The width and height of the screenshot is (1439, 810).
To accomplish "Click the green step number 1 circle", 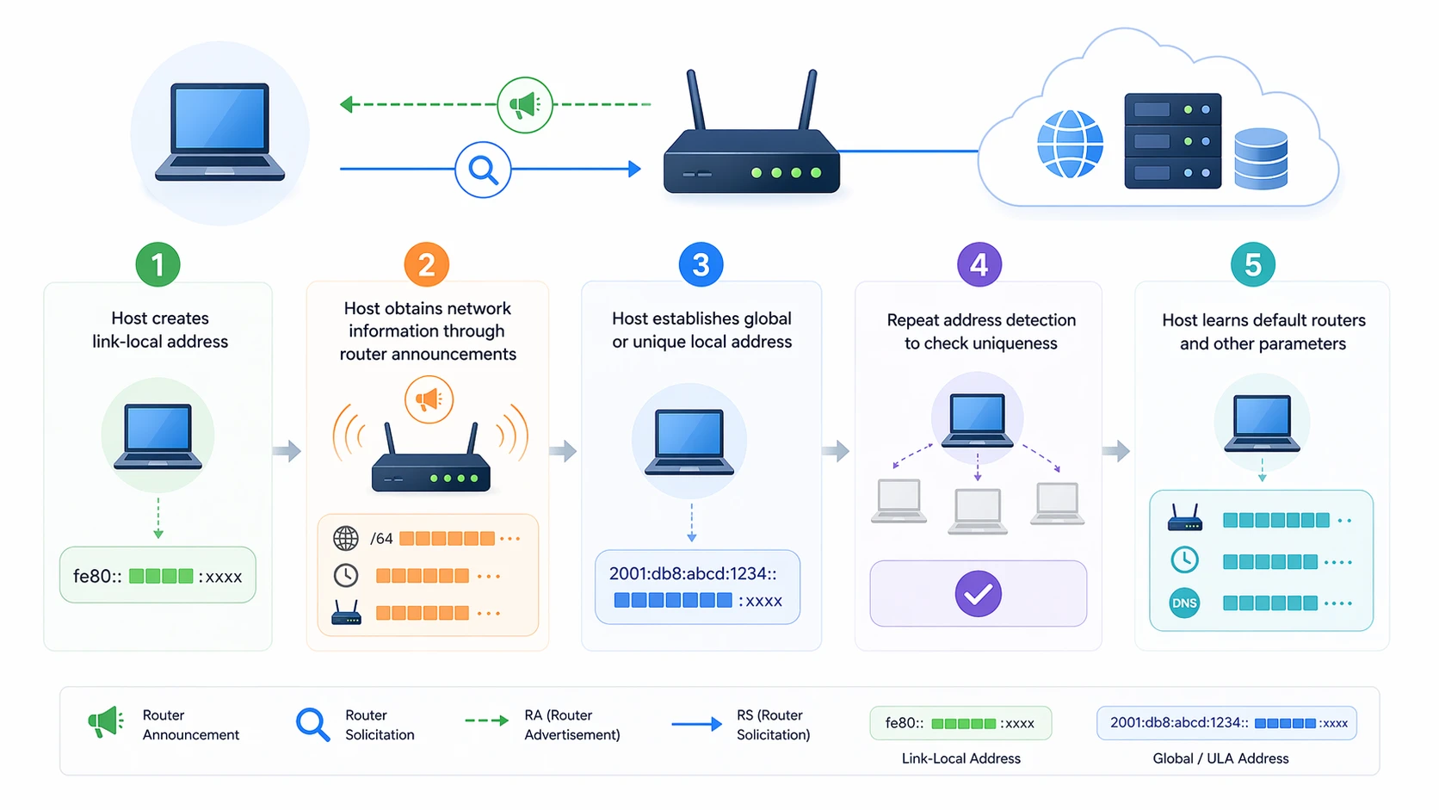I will click(157, 264).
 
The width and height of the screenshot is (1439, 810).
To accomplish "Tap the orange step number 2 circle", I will click(427, 264).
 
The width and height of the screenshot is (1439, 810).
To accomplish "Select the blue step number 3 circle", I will click(701, 264).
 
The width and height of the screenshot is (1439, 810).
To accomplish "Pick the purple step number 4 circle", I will click(979, 264).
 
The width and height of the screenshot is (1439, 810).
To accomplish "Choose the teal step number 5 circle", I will click(1253, 264).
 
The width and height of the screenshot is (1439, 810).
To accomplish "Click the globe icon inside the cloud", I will click(1070, 144).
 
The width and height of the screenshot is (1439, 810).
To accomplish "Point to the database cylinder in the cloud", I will click(1261, 158).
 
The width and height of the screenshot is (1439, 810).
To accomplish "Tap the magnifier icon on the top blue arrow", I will click(483, 170).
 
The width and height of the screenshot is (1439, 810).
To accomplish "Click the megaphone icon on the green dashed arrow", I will click(525, 105).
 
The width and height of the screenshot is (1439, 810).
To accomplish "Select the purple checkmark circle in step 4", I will click(978, 593).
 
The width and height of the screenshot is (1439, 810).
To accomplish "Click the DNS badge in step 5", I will click(1184, 603).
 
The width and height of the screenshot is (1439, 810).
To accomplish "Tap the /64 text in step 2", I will click(381, 539).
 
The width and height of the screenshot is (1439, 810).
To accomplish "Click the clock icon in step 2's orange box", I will click(346, 575).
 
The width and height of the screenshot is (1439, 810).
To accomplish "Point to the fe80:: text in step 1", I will click(96, 576).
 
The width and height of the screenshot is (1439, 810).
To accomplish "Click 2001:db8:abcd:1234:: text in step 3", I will click(693, 573).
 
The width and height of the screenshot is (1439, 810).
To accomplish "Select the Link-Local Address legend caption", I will click(960, 758).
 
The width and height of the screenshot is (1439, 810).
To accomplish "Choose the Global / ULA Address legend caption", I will click(1220, 758).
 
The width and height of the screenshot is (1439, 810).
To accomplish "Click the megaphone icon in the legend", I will click(106, 722).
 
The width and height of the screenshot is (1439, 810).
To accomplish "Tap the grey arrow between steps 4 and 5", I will click(1116, 450).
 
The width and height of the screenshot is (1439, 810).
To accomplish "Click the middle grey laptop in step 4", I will click(978, 510).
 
